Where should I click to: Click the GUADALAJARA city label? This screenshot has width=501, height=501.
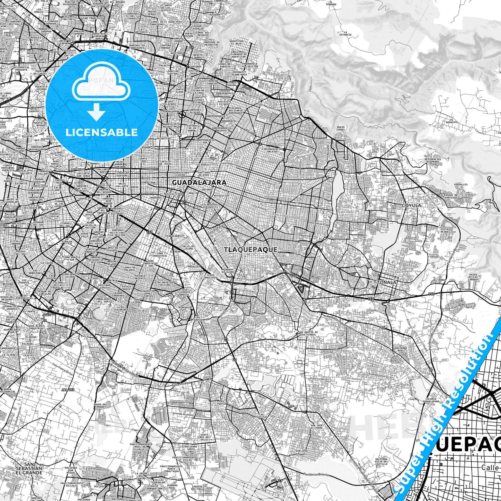(199, 183)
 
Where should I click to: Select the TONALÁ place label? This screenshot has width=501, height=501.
(387, 282)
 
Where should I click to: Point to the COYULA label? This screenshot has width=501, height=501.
(411, 205)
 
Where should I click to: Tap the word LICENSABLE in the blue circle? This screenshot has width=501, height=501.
(102, 133)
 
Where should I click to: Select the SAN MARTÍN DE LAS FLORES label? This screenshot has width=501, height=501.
(308, 333)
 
